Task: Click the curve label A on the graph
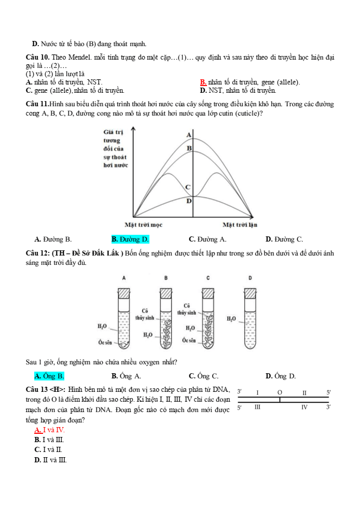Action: [x=189, y=135]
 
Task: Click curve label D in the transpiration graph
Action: [x=189, y=201]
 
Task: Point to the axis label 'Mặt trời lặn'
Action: [x=240, y=225]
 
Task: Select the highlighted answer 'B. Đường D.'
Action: [x=130, y=239]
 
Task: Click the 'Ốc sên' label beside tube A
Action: [x=105, y=343]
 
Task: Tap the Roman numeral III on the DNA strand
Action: [x=257, y=408]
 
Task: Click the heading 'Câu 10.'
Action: [x=37, y=56]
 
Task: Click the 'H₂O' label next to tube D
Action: [x=231, y=318]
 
